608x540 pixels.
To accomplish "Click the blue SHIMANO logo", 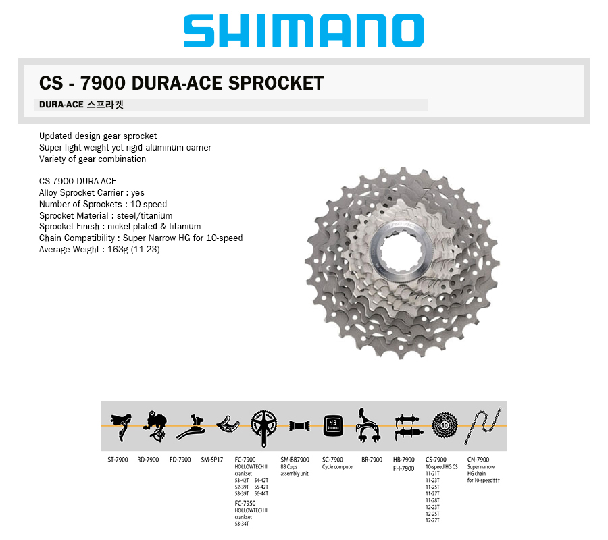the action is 304,30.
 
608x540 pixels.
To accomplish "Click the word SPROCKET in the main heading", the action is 276,83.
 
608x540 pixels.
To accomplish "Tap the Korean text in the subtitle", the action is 105,105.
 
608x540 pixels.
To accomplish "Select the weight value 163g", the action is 118,250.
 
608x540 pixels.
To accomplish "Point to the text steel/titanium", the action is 145,216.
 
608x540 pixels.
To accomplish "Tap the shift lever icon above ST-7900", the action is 121,427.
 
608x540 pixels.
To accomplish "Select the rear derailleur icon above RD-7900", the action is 155,426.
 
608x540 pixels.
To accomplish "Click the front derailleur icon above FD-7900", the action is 191,427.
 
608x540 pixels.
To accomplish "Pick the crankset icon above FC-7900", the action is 263,428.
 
